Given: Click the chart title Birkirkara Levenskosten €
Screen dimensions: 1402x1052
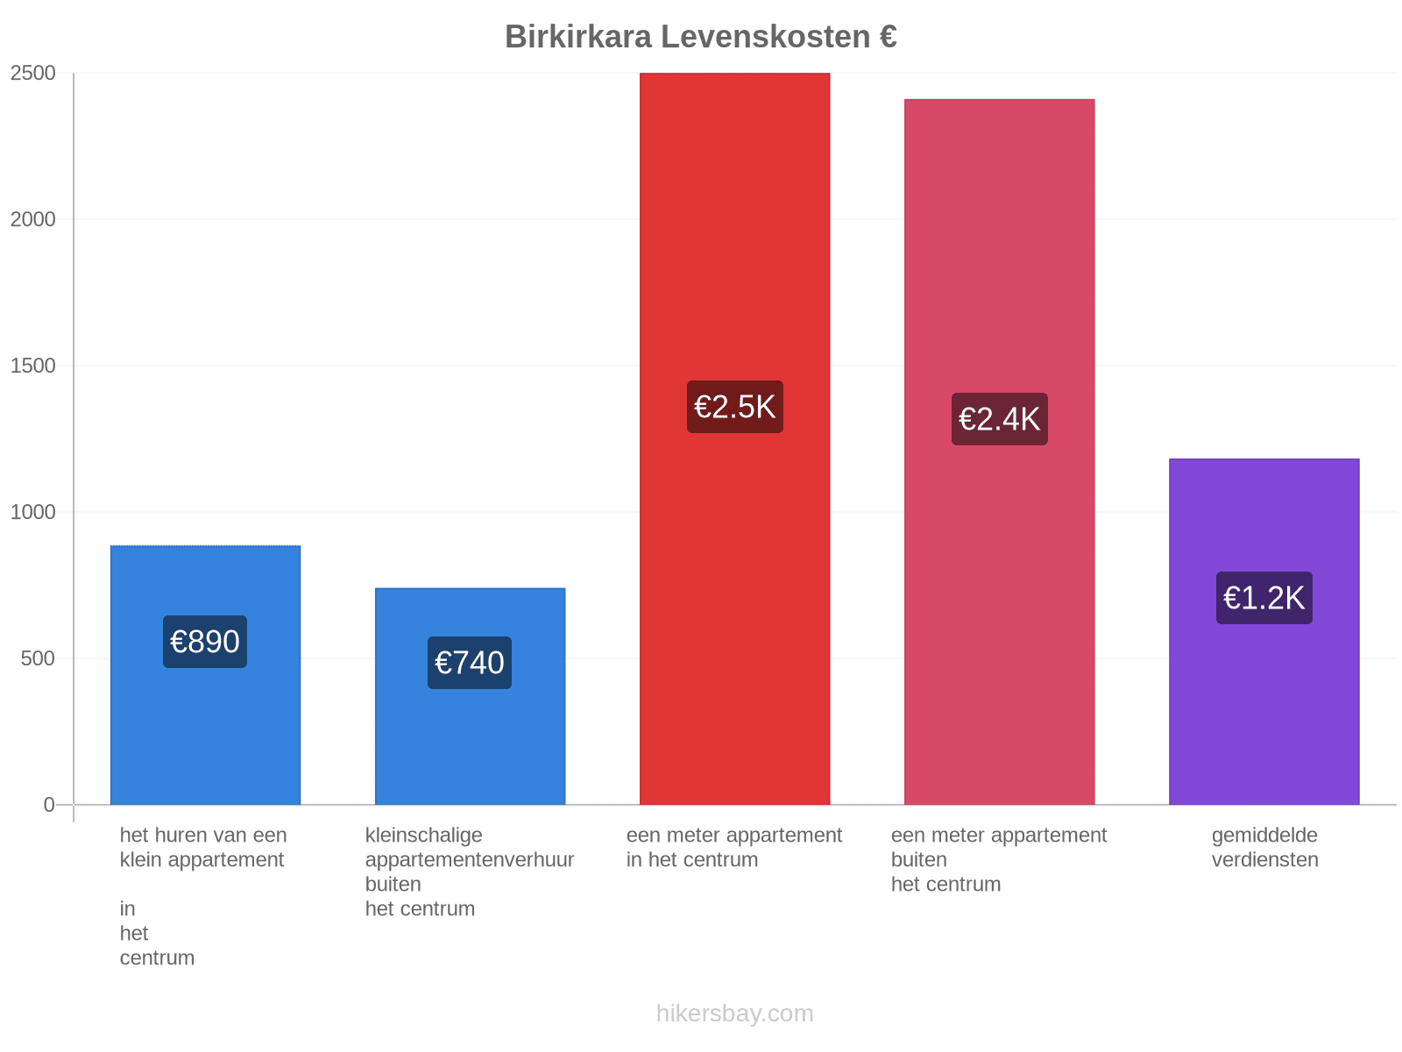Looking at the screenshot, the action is pyautogui.click(x=701, y=37).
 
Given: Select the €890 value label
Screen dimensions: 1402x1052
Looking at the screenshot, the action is pyautogui.click(x=204, y=642).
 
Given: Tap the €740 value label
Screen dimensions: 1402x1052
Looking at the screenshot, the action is pyautogui.click(x=470, y=663).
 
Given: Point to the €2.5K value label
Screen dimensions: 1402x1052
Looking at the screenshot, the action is pyautogui.click(x=734, y=407).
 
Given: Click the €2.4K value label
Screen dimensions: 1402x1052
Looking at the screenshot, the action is pyautogui.click(x=1000, y=419).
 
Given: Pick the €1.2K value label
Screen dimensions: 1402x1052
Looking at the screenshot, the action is pyautogui.click(x=1264, y=598).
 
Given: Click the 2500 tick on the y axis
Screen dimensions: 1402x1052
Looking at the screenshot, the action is pyautogui.click(x=32, y=73).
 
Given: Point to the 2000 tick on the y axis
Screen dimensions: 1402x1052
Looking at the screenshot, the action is pyautogui.click(x=32, y=219).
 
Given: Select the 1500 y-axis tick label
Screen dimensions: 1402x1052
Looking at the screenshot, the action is pyautogui.click(x=32, y=366).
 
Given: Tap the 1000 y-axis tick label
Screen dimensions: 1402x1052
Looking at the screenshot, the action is pyautogui.click(x=32, y=512).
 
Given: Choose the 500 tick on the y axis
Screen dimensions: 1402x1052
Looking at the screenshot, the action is pyautogui.click(x=38, y=657).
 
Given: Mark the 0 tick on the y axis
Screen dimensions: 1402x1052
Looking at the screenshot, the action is pyautogui.click(x=49, y=804).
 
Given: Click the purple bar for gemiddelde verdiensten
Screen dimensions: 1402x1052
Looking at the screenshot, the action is pyautogui.click(x=1264, y=631).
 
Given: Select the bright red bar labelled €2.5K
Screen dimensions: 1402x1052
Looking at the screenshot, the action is pyautogui.click(x=734, y=438).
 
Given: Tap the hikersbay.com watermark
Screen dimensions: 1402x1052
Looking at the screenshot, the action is pyautogui.click(x=734, y=1013).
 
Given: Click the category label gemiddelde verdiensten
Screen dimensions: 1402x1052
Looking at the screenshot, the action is pyautogui.click(x=1264, y=847).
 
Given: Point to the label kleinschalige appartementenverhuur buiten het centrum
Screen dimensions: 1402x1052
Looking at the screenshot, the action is pyautogui.click(x=470, y=871).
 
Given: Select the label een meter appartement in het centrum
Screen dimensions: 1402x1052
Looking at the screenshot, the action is pyautogui.click(x=734, y=847).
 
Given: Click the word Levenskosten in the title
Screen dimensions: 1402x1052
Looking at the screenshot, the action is pyautogui.click(x=765, y=37).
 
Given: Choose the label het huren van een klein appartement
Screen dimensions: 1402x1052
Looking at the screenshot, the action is pyautogui.click(x=203, y=847).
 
